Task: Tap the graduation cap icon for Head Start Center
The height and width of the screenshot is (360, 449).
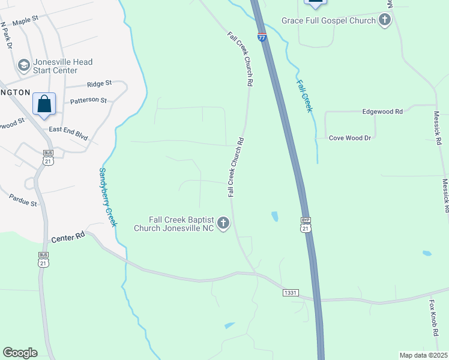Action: click(24, 65)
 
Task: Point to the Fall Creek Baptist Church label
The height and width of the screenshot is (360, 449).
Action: click(181, 224)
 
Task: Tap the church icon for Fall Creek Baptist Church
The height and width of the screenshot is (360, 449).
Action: click(223, 224)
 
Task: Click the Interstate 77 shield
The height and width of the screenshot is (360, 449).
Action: click(262, 37)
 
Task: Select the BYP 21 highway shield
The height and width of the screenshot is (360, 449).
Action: click(306, 224)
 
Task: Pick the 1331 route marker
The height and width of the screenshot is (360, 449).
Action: click(291, 292)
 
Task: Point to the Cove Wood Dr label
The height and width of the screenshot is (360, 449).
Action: click(351, 138)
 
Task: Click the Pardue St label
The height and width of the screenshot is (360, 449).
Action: click(23, 200)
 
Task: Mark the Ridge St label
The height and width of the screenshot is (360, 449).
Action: click(99, 83)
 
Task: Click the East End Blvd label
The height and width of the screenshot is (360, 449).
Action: click(68, 133)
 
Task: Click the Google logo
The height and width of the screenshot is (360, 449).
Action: click(20, 353)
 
